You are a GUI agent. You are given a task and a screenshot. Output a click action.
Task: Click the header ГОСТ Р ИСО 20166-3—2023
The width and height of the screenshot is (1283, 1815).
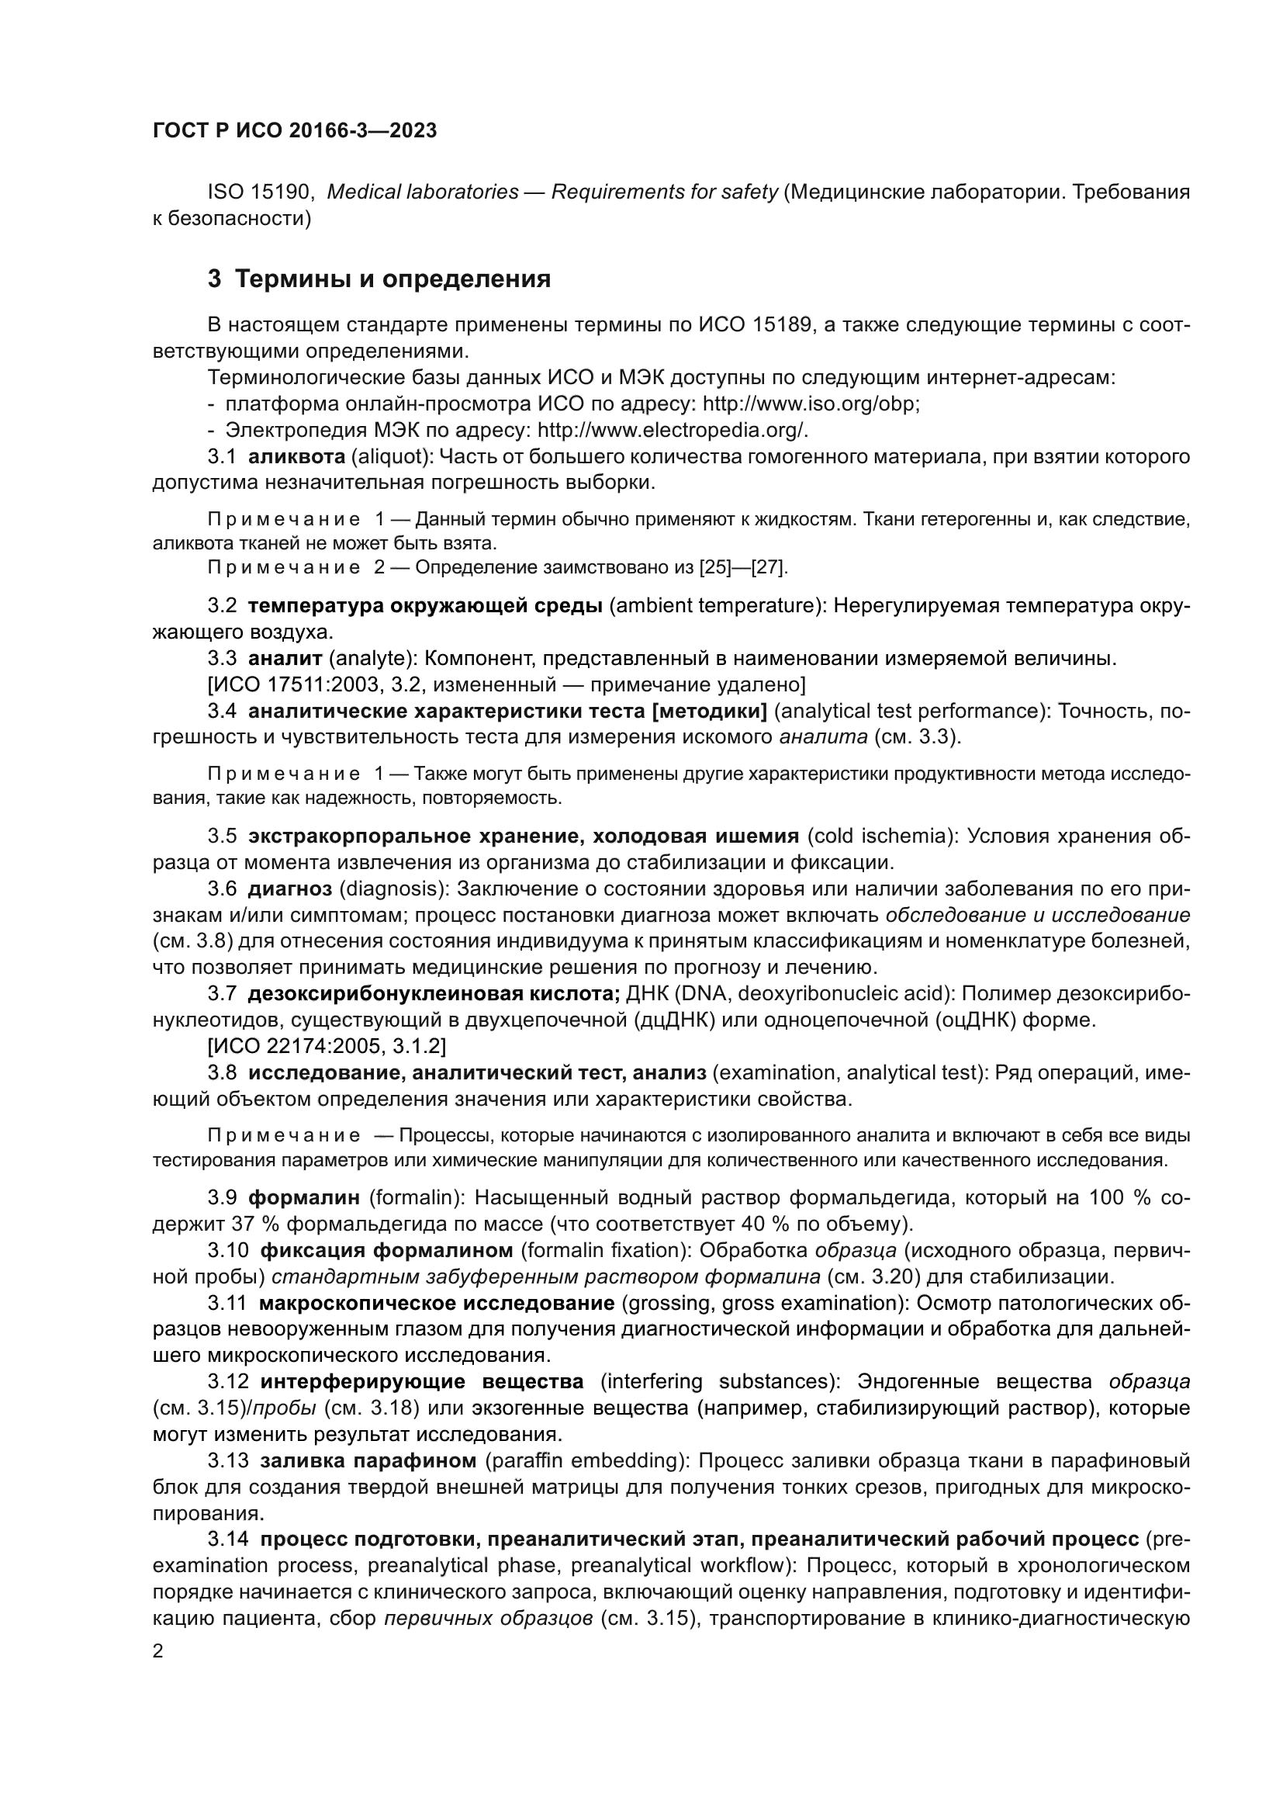[x=294, y=131]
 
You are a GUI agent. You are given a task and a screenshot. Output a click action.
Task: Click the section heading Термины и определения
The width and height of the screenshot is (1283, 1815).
[x=393, y=279]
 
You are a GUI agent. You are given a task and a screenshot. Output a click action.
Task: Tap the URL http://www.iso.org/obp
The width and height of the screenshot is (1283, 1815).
[x=811, y=404]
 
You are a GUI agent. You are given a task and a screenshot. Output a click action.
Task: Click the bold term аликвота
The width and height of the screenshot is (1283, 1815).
[x=296, y=456]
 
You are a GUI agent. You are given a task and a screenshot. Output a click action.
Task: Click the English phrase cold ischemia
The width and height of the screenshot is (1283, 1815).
[x=877, y=836]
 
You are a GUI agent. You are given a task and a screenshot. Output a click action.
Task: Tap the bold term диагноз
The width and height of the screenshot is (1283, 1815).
[x=290, y=888]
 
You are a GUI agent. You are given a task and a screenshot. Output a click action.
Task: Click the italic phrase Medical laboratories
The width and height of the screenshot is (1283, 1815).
[x=423, y=192]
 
